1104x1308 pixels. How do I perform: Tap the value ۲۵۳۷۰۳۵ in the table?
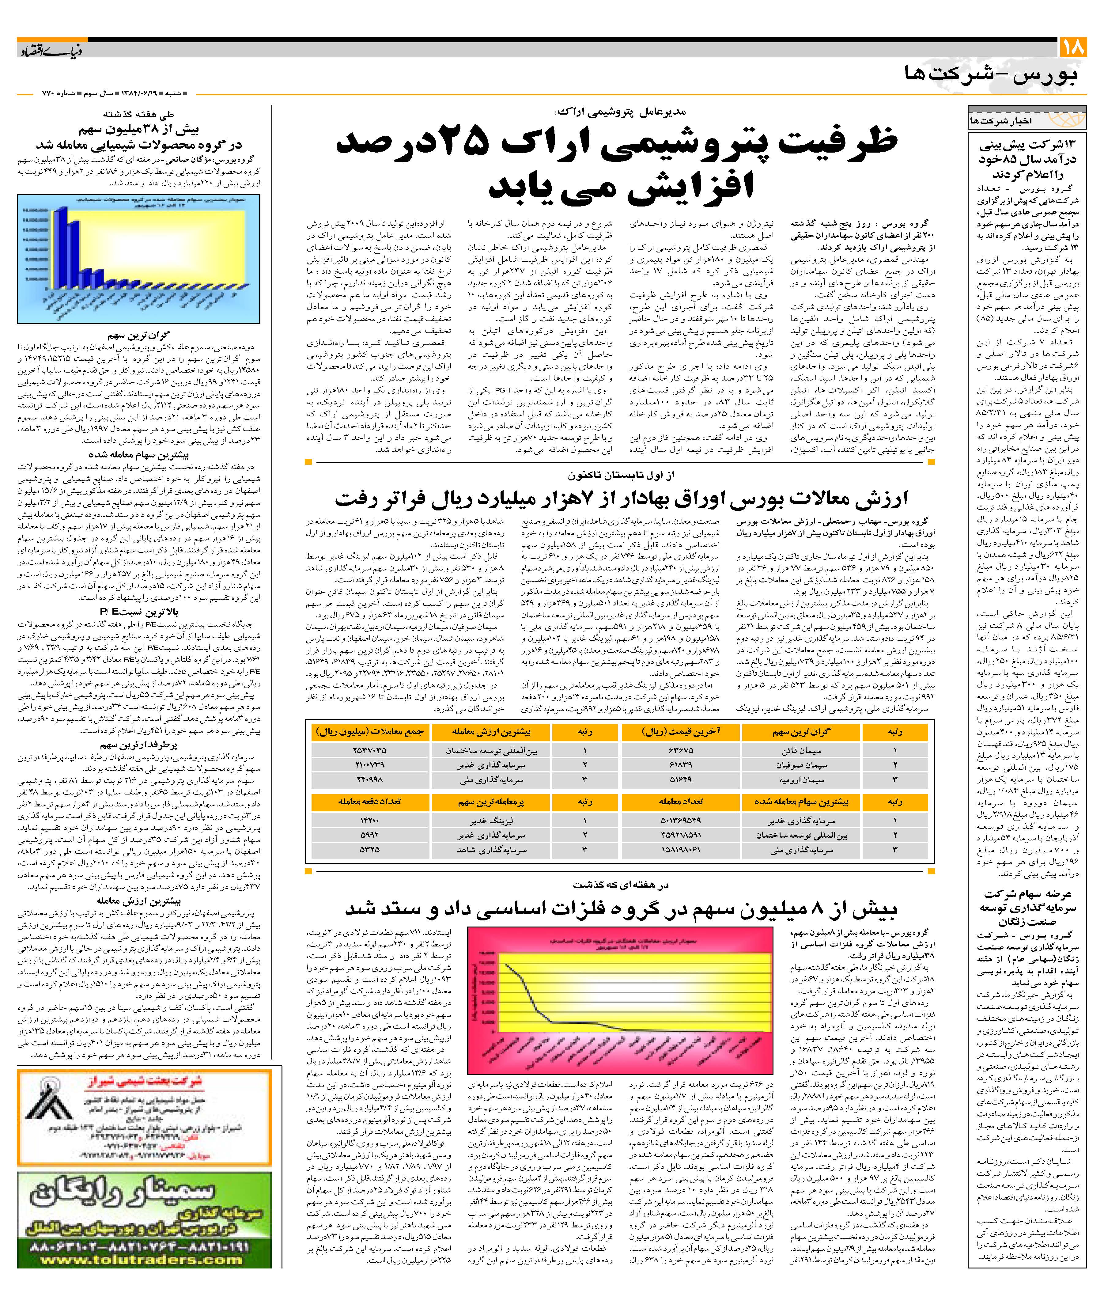coord(369,750)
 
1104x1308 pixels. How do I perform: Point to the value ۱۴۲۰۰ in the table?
coord(369,821)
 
